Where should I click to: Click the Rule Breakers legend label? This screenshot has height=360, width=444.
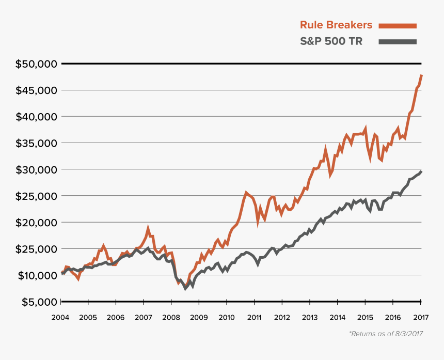click(x=336, y=25)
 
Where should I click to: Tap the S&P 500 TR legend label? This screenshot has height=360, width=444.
click(x=331, y=42)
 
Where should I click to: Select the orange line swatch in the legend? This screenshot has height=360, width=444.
click(x=397, y=25)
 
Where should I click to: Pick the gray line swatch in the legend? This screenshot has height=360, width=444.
click(x=397, y=42)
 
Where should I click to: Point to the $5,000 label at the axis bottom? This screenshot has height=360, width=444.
click(x=36, y=302)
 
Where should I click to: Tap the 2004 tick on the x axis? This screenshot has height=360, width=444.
click(x=60, y=317)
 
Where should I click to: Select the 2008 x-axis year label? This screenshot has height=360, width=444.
click(x=171, y=317)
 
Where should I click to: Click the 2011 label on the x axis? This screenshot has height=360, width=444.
click(x=254, y=317)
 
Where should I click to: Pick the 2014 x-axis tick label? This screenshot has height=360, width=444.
click(x=337, y=317)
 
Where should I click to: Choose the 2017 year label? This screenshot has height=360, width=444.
click(x=421, y=317)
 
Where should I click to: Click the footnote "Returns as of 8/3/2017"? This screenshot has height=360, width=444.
click(x=386, y=334)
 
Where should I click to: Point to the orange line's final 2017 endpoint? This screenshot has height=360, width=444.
click(x=421, y=75)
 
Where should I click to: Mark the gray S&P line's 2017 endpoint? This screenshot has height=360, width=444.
click(x=421, y=171)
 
